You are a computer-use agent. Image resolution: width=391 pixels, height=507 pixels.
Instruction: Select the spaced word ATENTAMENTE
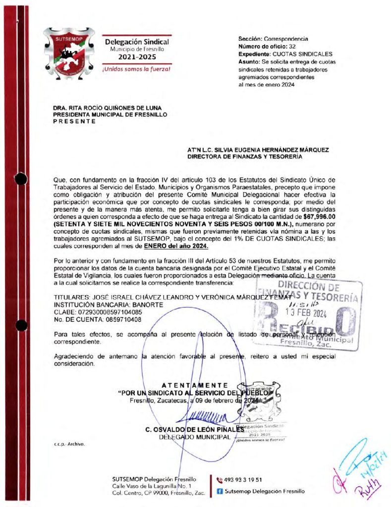(x=195, y=385)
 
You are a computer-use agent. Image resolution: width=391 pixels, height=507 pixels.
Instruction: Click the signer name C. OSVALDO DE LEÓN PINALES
(x=191, y=430)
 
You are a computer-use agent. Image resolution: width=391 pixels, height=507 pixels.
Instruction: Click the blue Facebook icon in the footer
(x=220, y=492)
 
